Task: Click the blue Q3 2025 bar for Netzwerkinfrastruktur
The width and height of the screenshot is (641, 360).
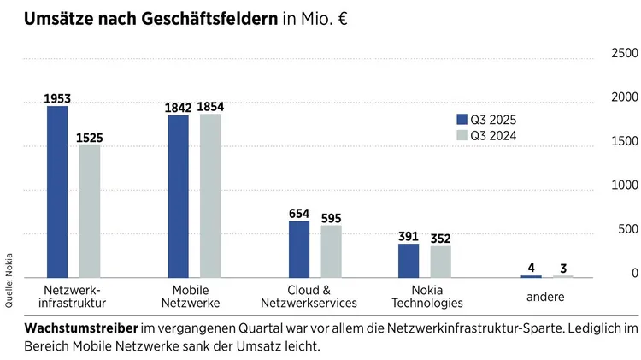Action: coord(57,192)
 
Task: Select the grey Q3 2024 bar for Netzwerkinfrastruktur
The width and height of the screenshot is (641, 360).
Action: coord(90,210)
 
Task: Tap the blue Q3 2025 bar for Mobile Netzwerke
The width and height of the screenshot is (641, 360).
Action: coord(179,197)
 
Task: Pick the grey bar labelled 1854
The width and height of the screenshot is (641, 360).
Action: coord(210,196)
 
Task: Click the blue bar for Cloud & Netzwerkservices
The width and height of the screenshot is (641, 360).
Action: coord(299,249)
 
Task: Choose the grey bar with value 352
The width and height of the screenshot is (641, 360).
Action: coord(441,262)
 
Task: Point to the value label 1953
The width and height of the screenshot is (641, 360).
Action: coord(57,99)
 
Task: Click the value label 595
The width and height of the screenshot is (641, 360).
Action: coord(331,218)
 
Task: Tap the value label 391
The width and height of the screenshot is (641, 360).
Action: coord(409,237)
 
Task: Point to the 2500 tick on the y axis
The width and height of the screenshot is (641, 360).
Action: coord(623,54)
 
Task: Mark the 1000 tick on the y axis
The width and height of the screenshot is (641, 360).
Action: coord(623,186)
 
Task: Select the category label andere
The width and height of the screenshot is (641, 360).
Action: coord(545,297)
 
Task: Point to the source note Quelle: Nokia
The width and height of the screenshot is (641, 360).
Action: coord(9,280)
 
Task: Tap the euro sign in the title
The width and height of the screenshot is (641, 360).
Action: coord(339,18)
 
